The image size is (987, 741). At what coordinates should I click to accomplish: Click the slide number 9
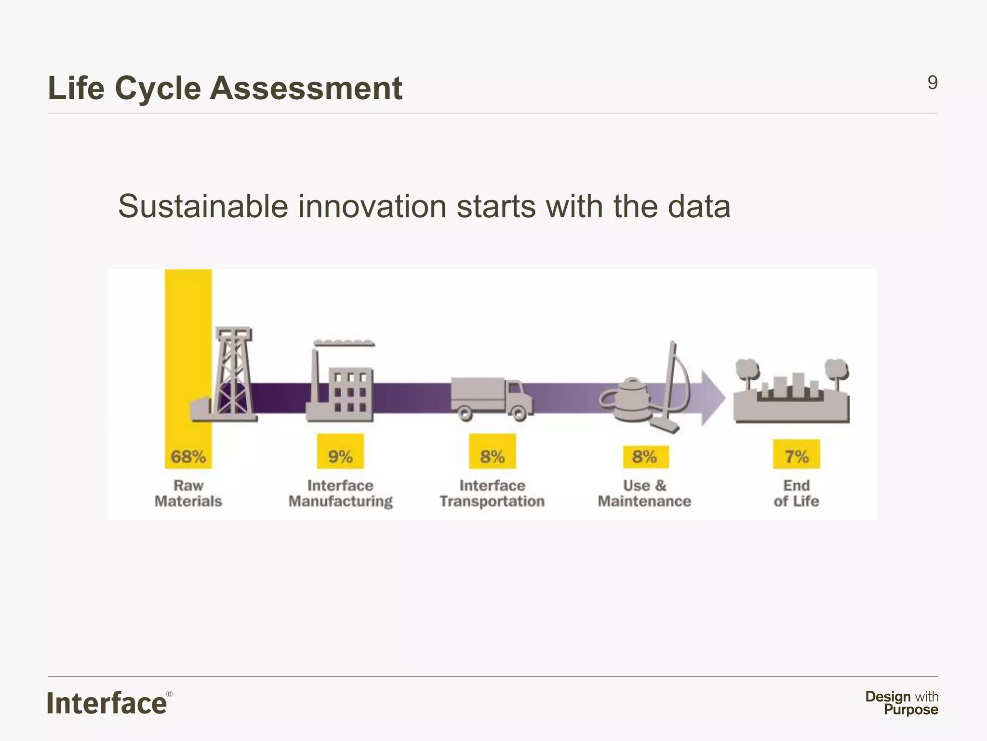(932, 83)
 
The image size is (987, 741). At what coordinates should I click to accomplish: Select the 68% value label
(188, 456)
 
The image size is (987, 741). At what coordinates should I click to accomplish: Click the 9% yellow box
(340, 452)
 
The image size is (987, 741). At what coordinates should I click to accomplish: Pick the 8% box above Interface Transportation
(492, 452)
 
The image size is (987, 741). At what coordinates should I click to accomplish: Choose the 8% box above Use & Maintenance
(645, 456)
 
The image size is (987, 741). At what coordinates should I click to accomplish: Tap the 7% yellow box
(796, 454)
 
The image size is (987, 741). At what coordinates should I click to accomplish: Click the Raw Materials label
(188, 493)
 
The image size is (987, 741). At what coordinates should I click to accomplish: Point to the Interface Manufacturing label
(340, 493)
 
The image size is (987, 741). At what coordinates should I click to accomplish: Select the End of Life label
(796, 493)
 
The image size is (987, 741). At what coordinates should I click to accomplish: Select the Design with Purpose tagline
(902, 703)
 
